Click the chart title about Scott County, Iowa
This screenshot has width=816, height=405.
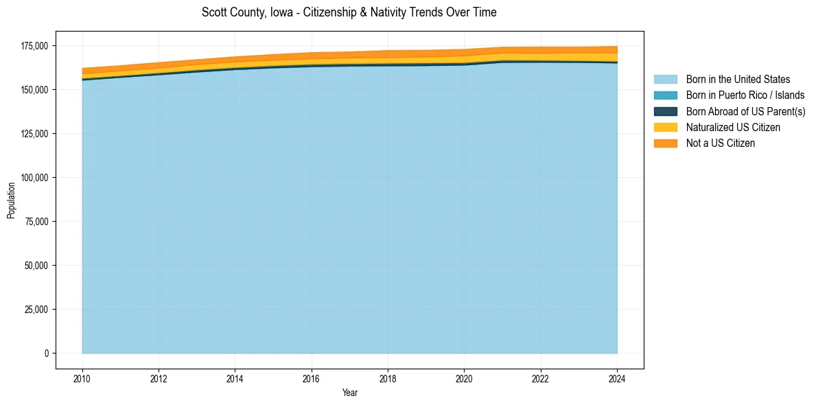point(349,12)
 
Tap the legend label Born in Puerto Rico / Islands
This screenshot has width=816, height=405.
point(745,95)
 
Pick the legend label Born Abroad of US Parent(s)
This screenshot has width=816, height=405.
point(745,111)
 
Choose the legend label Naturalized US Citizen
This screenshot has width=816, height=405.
point(733,128)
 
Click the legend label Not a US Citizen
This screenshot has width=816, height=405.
point(720,143)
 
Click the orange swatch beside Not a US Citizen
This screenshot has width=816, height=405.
point(665,143)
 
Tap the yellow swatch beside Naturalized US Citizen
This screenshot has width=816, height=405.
point(665,128)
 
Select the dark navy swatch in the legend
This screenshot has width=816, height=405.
point(665,111)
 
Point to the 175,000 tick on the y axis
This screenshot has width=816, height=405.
point(34,46)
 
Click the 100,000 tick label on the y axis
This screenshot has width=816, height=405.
point(34,178)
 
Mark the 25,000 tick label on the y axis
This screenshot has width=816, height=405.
point(36,310)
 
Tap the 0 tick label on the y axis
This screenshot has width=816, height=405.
point(47,354)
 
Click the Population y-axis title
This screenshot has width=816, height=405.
point(11,200)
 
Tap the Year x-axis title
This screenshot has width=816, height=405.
point(349,393)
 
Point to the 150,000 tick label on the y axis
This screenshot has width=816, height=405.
point(34,90)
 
